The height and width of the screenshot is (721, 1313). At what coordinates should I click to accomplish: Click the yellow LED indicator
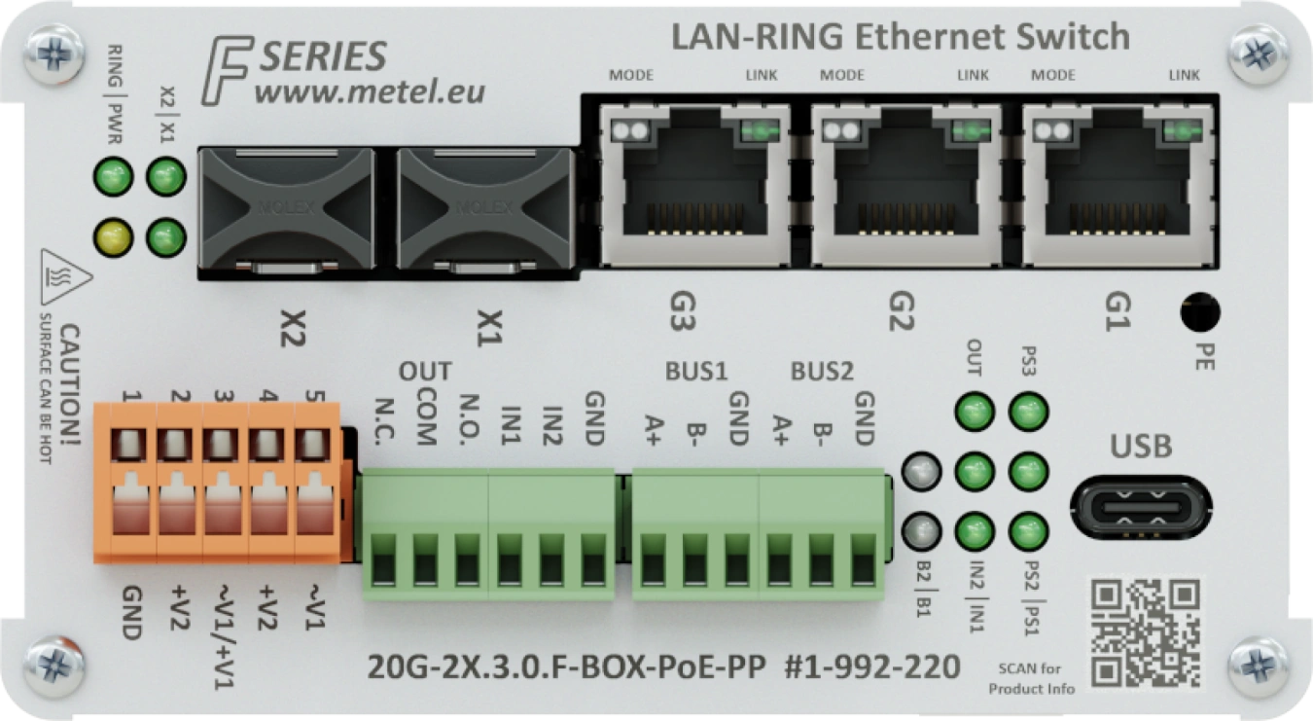[112, 234]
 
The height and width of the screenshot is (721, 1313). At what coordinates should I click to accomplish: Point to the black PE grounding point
[1199, 313]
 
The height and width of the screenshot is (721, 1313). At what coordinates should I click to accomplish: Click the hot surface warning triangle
[65, 276]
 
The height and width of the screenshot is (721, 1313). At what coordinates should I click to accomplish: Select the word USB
[1141, 448]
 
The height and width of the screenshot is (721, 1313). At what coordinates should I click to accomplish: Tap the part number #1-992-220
[871, 667]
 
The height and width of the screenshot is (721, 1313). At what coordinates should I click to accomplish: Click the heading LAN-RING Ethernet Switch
[900, 38]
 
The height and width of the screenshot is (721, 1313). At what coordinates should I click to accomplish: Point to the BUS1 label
[696, 371]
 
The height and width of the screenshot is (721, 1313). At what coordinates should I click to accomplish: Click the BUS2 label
[822, 371]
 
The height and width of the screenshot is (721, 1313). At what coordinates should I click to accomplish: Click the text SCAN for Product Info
[1031, 678]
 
